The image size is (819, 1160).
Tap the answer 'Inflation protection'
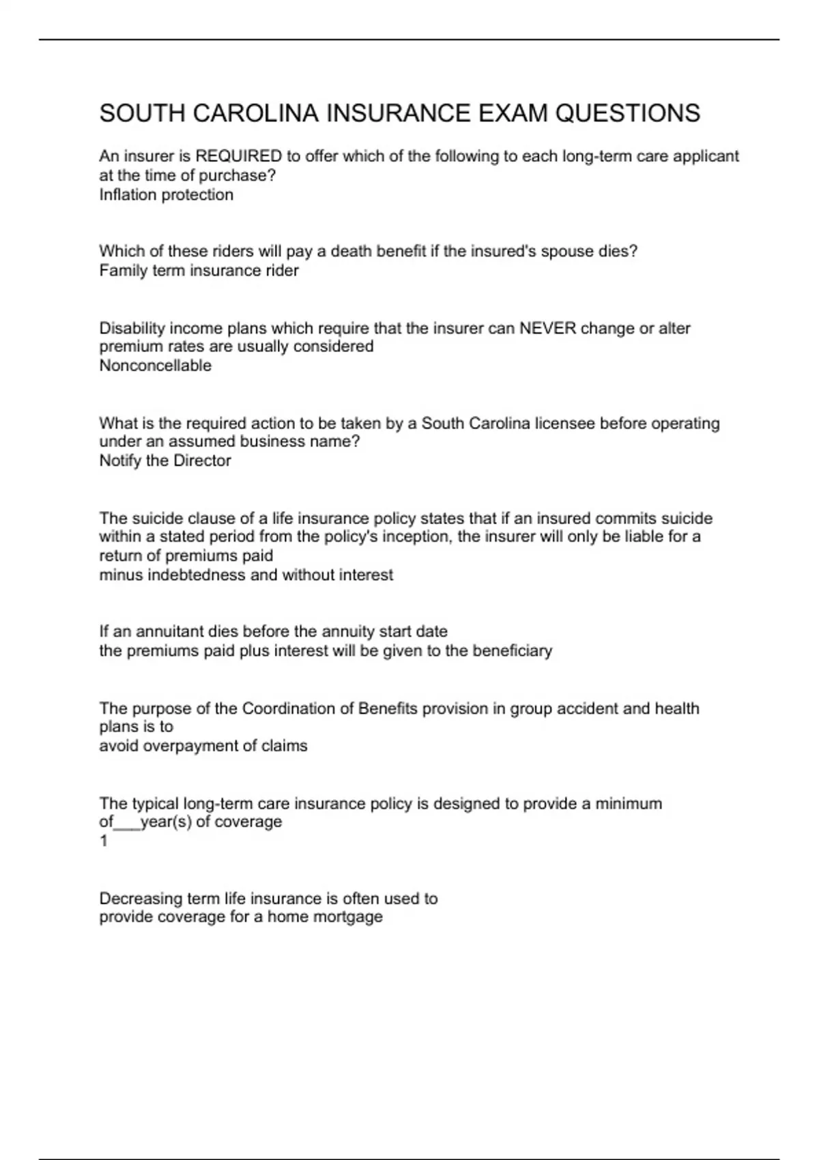[166, 194]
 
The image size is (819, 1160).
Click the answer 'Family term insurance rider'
[199, 270]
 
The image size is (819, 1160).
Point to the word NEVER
[547, 328]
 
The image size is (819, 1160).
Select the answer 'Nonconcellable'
[155, 365]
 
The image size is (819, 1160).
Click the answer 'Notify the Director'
[164, 461]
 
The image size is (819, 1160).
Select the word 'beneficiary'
[512, 650]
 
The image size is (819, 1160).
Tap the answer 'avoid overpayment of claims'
[203, 746]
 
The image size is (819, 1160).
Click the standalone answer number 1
[104, 841]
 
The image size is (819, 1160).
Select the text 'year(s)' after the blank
[166, 822]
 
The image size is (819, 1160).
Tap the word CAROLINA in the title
[255, 113]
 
